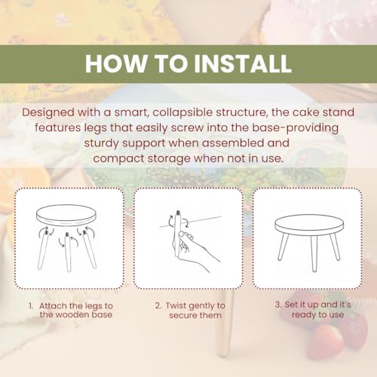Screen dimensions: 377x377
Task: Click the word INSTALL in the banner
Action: pyautogui.click(x=243, y=63)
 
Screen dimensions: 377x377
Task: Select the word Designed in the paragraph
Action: pyautogui.click(x=48, y=112)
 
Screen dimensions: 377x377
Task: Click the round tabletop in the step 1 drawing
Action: pyautogui.click(x=66, y=216)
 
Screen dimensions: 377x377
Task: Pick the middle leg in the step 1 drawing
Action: pyautogui.click(x=67, y=252)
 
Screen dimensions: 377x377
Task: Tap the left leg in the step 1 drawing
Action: pyautogui.click(x=43, y=250)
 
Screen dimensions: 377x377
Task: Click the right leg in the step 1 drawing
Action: pyautogui.click(x=90, y=250)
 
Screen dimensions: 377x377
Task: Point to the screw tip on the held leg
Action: pyautogui.click(x=178, y=213)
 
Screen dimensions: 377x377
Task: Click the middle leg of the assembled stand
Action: pyautogui.click(x=314, y=253)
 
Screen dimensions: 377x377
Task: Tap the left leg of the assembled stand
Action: pyautogui.click(x=284, y=247)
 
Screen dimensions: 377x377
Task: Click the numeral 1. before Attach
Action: pyautogui.click(x=31, y=306)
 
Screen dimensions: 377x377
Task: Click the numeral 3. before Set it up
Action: pyautogui.click(x=278, y=305)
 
